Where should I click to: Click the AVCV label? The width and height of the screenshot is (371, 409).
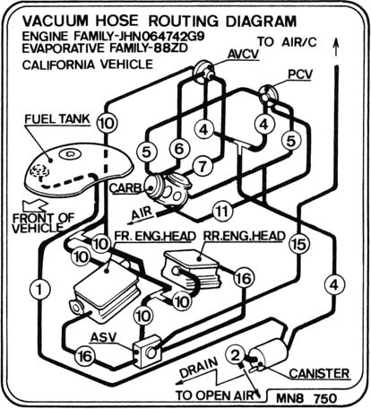[243, 54]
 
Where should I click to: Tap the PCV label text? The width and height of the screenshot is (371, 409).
[300, 74]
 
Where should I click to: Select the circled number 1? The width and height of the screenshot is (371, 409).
[39, 289]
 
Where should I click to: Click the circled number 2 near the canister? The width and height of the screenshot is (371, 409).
[236, 355]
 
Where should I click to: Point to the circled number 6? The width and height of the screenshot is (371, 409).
[179, 149]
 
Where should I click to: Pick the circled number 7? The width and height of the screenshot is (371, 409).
[203, 166]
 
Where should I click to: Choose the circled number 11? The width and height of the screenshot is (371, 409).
[222, 212]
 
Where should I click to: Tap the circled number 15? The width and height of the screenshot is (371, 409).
[298, 244]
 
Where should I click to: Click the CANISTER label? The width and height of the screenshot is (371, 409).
[319, 373]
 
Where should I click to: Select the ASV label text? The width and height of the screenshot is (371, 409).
[103, 337]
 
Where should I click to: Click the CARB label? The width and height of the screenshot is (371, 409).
[125, 188]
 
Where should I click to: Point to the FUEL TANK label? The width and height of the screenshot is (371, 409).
[57, 119]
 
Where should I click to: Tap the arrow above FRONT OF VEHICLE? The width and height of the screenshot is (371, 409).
[35, 205]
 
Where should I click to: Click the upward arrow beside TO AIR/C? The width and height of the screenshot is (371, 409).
[336, 47]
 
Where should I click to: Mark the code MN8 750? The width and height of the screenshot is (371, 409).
[306, 398]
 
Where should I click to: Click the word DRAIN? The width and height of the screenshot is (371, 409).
[199, 368]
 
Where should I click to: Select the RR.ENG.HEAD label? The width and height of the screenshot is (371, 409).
[244, 236]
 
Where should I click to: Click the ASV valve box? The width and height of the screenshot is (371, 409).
[147, 351]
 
